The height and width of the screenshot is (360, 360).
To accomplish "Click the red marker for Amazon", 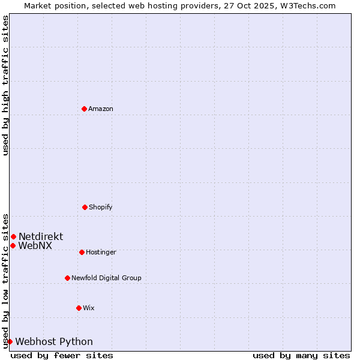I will tap(84, 109).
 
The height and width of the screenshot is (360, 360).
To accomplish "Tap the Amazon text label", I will tap(101, 109).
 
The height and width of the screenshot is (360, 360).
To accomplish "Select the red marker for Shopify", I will tap(85, 207).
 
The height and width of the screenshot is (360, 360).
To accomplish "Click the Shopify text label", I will tap(101, 207).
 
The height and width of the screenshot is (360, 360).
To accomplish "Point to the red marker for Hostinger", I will tap(82, 252).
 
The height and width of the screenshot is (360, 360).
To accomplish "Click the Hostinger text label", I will tap(101, 252).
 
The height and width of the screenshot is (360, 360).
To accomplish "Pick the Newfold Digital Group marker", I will tap(67, 278).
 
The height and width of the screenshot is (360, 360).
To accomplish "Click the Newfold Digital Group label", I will tap(106, 278).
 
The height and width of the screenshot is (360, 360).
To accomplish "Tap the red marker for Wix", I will tap(79, 308).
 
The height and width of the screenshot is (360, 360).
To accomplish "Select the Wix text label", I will tap(89, 308).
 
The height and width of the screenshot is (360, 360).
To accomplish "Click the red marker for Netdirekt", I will tap(13, 236).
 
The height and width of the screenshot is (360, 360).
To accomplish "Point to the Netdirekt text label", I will tap(41, 236).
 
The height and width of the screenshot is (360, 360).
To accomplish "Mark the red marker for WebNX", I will tap(13, 245).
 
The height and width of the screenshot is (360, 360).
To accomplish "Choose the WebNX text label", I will tap(35, 246).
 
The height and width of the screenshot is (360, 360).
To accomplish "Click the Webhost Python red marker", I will tap(10, 341).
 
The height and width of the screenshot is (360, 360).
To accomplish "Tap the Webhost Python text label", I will tap(54, 342).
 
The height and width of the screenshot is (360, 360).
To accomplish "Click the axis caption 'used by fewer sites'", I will tap(62, 355).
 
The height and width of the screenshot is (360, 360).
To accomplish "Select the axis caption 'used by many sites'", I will tap(301, 355).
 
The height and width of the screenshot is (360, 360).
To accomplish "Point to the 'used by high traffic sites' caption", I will tap(5, 85).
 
